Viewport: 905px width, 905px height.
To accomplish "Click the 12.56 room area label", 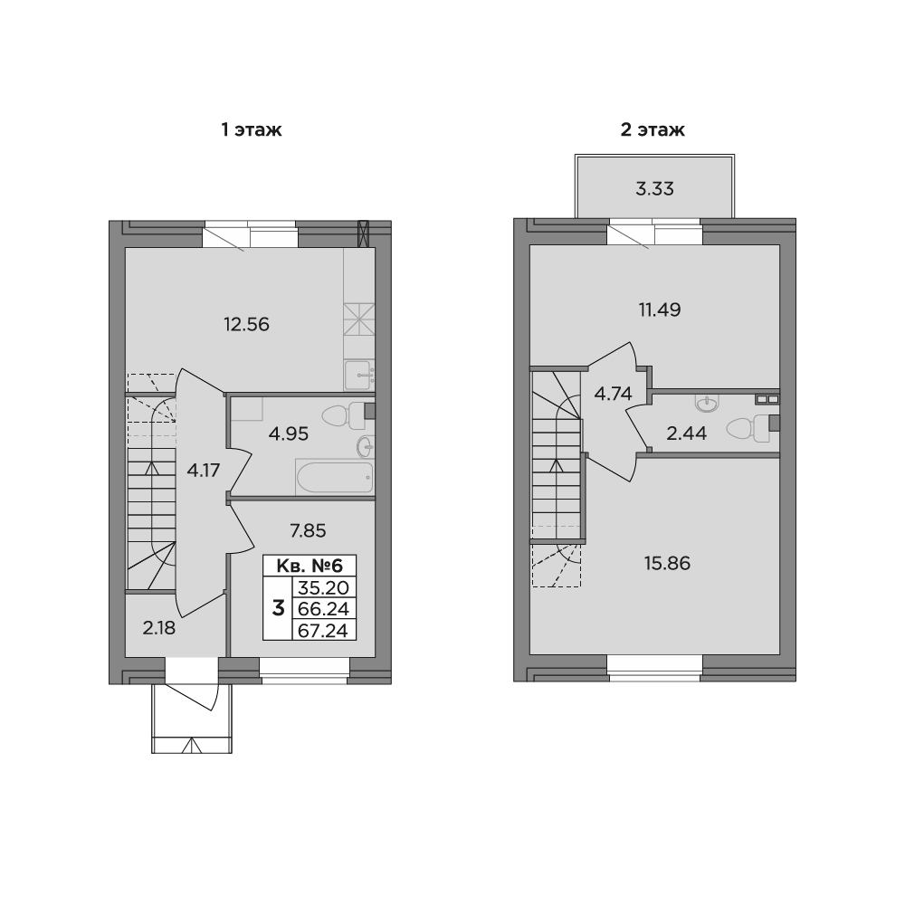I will tap(247, 324).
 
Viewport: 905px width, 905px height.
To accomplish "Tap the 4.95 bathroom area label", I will tap(289, 433).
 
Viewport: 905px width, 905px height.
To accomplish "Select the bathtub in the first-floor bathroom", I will tap(334, 476).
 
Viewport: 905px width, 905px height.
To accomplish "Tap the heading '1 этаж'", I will tap(252, 130).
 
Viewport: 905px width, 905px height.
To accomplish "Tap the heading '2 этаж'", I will tap(653, 130).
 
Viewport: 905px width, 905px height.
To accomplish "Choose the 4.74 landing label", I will tap(613, 393).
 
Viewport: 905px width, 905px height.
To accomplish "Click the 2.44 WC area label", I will tap(687, 433).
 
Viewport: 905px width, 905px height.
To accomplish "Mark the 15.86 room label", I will tap(667, 563).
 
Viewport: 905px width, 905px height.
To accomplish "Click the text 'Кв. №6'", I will tap(310, 566).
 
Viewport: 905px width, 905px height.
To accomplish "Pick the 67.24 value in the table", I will tap(322, 630).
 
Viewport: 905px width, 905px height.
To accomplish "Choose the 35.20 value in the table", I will tap(322, 587).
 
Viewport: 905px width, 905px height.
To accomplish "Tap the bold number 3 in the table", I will tap(278, 608).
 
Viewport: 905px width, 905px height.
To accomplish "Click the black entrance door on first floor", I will tap(192, 671).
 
